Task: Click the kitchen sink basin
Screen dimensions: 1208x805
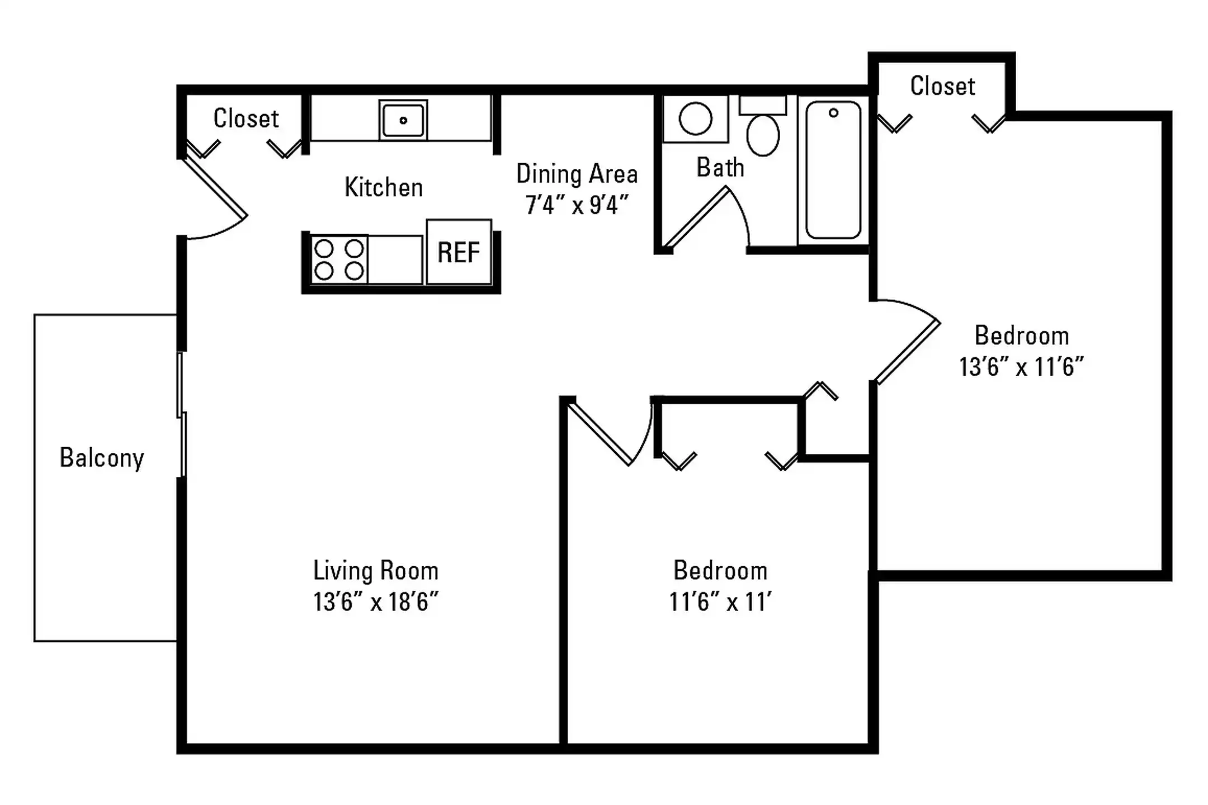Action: point(403,120)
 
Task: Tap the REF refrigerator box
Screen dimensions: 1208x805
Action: point(459,252)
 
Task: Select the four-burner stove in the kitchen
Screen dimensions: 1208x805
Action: point(339,259)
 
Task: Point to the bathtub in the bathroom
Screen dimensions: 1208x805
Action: point(833,170)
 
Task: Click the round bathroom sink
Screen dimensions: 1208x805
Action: point(695,119)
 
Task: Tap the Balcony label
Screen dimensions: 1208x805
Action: point(102,458)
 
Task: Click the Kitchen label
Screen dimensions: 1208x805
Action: point(384,187)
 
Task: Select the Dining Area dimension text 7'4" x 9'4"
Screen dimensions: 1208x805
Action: point(577,205)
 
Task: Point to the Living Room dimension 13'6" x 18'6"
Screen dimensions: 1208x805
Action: point(375,602)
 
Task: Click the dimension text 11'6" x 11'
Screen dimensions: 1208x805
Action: point(720,602)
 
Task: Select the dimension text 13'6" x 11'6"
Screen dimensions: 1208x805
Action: point(1021,367)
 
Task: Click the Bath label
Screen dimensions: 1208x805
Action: point(720,167)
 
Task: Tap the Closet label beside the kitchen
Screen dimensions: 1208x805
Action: point(246,119)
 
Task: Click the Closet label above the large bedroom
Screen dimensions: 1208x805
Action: point(943,86)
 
